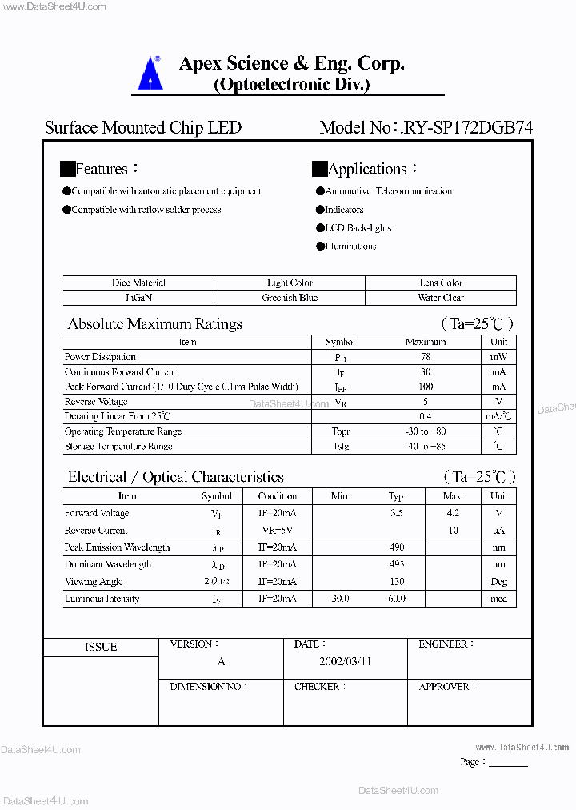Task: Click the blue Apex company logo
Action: [150, 73]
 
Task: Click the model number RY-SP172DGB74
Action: [469, 128]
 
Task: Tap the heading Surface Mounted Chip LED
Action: [143, 128]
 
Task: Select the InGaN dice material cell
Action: [138, 298]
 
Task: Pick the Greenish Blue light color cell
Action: [290, 298]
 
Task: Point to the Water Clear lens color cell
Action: [441, 298]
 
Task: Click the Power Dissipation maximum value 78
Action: [426, 357]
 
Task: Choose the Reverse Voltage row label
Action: [96, 402]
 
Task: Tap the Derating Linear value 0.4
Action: [426, 416]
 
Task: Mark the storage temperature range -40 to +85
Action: [426, 446]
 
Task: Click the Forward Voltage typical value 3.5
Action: [397, 513]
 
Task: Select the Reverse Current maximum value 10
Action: [453, 531]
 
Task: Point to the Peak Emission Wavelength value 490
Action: [397, 547]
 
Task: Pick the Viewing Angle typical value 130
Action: [397, 582]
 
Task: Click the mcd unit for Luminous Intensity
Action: [499, 599]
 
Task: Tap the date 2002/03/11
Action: [346, 662]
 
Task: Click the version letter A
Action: [222, 662]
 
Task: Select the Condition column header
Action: [278, 496]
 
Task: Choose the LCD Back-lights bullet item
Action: [358, 228]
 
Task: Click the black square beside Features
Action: [67, 169]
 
